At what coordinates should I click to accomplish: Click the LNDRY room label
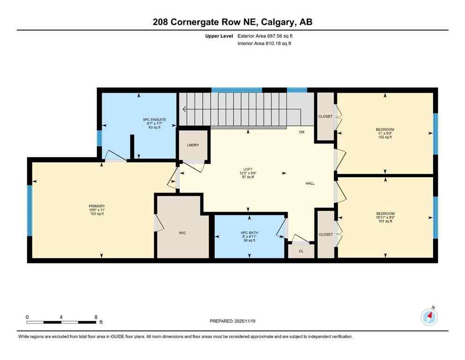(x=192, y=145)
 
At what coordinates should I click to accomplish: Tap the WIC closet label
(x=182, y=233)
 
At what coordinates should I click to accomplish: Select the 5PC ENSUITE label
(x=155, y=120)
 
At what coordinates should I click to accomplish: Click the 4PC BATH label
(x=250, y=232)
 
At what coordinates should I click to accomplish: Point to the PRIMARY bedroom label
(x=97, y=206)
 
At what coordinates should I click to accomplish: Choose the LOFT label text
(x=248, y=169)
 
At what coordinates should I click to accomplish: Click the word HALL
(x=310, y=183)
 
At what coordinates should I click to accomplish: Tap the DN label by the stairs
(x=302, y=132)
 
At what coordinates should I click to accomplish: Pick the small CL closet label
(x=301, y=251)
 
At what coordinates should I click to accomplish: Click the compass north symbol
(x=429, y=317)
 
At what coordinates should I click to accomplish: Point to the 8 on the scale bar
(x=96, y=317)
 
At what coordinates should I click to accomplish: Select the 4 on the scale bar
(x=61, y=317)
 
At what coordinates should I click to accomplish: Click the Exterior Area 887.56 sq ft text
(x=268, y=36)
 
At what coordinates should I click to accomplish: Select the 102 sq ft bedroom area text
(x=385, y=137)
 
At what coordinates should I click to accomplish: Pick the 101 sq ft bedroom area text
(x=385, y=221)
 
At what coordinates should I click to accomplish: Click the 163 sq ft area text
(x=97, y=214)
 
